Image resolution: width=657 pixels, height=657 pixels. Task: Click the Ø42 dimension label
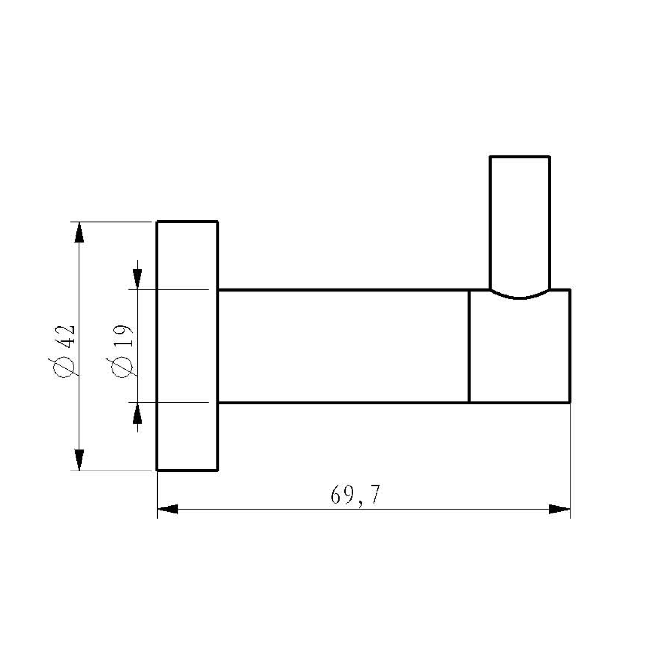tap(65, 351)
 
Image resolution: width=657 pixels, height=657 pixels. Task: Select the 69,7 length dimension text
tap(355, 495)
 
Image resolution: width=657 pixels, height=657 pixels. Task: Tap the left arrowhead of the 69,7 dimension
tap(167, 509)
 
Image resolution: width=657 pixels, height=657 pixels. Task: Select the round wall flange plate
tap(187, 346)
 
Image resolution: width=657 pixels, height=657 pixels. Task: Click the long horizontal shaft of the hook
tap(343, 346)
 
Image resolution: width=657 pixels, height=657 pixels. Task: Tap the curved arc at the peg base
tap(520, 297)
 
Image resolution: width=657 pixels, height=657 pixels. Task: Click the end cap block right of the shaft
tap(520, 350)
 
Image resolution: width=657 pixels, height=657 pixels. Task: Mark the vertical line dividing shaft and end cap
tap(469, 346)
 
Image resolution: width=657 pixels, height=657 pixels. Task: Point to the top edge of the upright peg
tap(520, 157)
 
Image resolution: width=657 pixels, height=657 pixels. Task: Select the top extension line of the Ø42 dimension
tap(110, 222)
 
